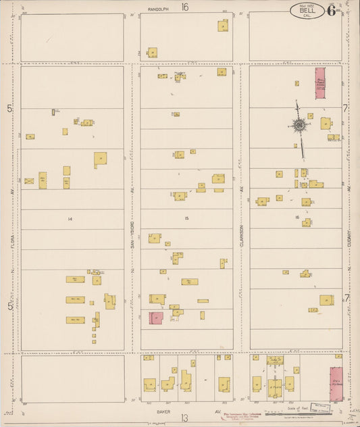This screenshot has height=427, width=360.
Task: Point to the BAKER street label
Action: (160, 410)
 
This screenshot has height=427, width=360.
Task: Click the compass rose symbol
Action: (298, 125)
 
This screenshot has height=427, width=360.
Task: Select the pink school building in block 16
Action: (320, 83)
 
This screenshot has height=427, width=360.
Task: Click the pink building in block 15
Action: (155, 318)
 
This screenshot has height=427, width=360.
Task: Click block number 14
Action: (70, 219)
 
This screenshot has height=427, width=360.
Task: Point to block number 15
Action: (186, 219)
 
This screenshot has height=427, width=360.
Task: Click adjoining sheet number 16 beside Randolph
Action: (184, 7)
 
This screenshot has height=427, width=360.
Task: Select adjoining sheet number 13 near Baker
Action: (184, 418)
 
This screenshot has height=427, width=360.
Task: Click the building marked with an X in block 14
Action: (29, 181)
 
